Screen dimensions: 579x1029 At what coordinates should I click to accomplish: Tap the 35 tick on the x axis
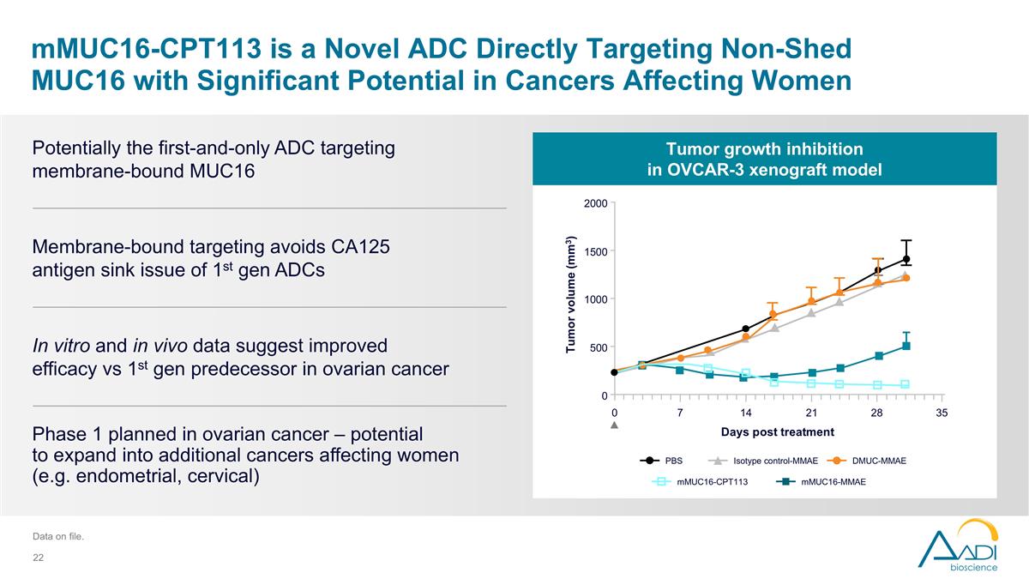942,413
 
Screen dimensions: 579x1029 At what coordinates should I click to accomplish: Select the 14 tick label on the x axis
745,413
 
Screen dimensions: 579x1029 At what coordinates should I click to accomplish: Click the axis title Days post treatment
777,431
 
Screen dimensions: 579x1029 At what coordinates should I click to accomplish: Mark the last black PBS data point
906,259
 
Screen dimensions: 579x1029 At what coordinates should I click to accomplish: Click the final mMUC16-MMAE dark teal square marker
906,346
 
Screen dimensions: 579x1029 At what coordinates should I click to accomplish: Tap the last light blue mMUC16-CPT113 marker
905,384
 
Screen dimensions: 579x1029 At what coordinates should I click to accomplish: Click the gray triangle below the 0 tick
614,426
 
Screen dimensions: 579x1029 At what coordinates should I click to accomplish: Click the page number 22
38,558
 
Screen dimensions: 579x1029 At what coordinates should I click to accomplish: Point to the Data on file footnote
57,537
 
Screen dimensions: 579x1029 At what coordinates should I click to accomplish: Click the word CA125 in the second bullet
359,247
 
